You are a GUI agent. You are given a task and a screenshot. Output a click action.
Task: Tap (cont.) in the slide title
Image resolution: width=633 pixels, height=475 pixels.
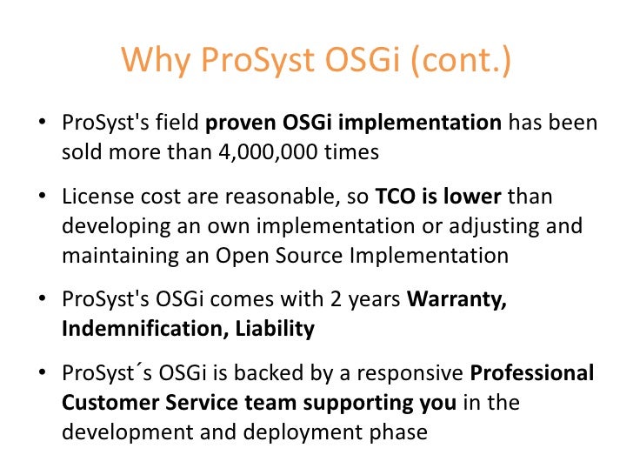(460, 60)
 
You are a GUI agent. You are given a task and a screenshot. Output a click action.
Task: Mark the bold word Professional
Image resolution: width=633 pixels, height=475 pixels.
(532, 374)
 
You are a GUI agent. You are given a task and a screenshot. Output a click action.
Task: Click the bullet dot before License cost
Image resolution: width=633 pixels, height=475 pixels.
(42, 197)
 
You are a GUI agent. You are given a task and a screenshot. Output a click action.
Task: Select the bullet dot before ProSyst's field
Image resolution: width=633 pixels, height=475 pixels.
(42, 124)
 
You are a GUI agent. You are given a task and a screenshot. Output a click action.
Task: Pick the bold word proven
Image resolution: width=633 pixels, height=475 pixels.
(239, 123)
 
